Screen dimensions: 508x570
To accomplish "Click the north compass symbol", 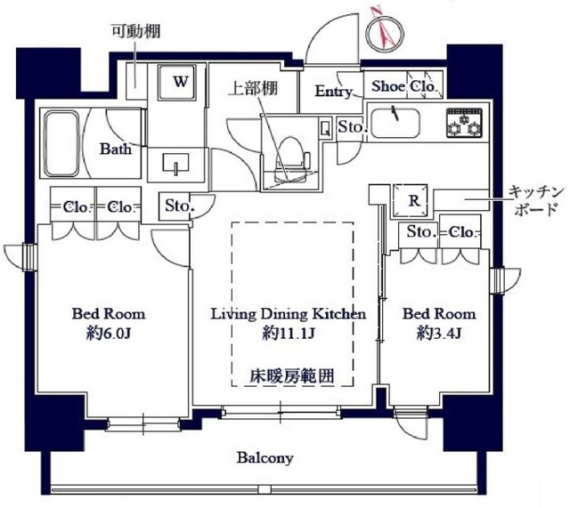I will tap(383, 31).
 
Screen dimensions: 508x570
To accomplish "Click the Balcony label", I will tap(265, 458).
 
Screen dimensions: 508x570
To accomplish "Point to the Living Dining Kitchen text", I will tap(288, 314).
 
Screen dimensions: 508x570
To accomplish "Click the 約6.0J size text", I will tap(109, 335).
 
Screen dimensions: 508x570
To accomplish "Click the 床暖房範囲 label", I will tap(291, 375).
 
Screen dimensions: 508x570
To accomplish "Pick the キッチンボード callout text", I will tap(534, 201).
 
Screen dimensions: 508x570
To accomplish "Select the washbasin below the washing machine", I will tap(176, 163).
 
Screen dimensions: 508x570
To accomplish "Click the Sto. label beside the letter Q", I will tap(352, 128).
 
